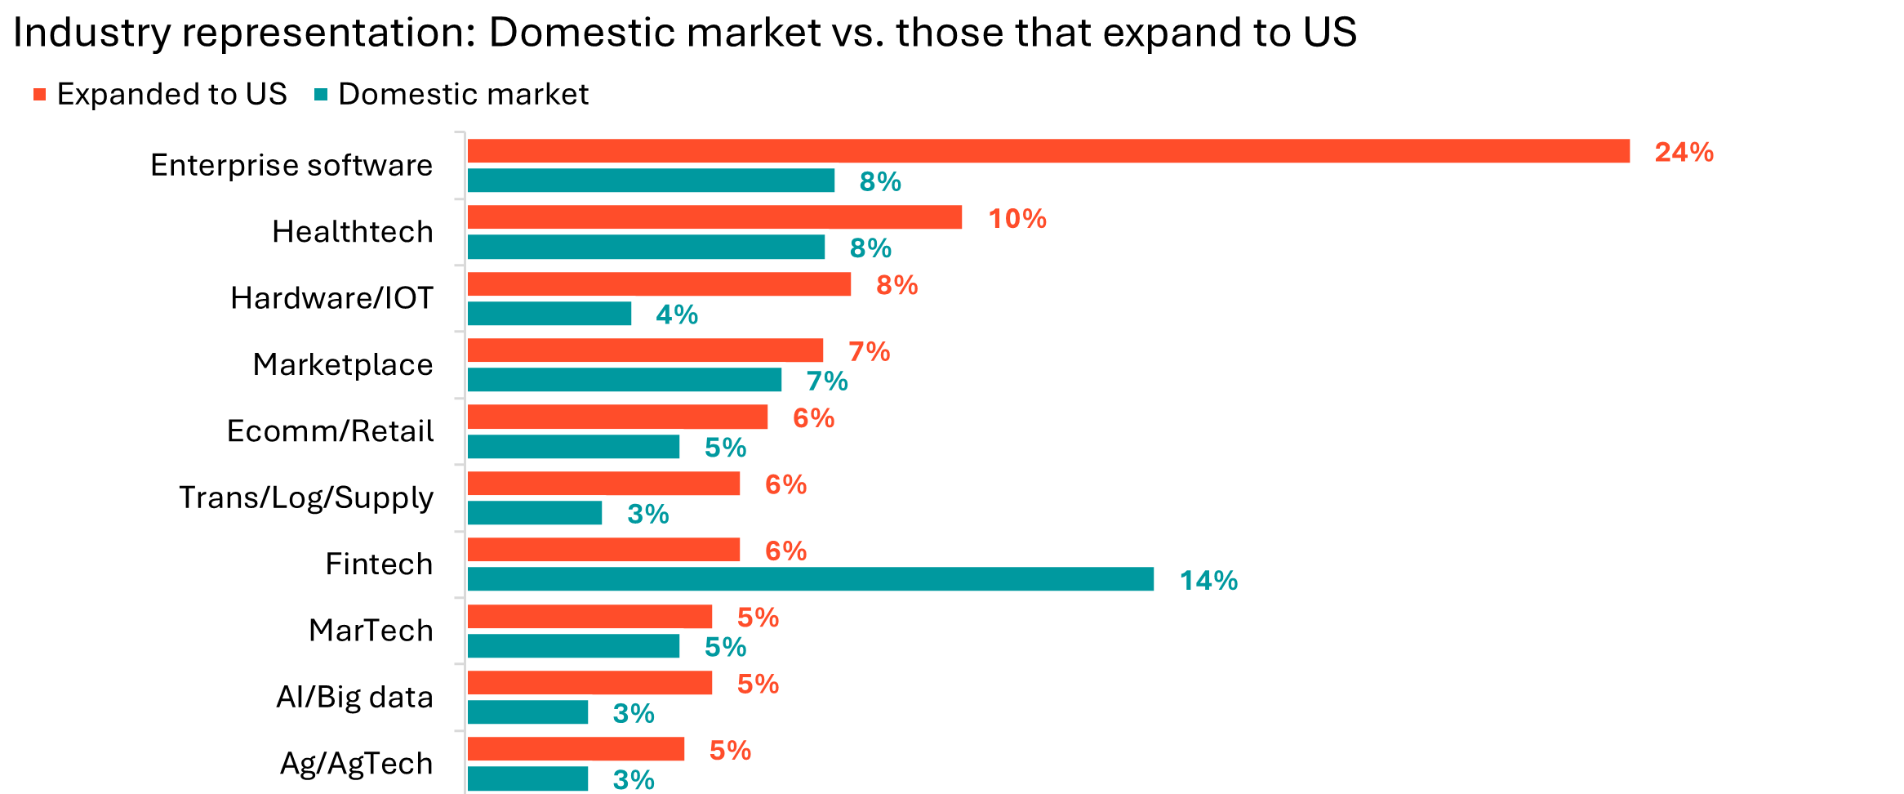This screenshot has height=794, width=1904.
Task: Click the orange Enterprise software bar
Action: coord(1048,151)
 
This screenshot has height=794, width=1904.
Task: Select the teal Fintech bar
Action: coord(810,579)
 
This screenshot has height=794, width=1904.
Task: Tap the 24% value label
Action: coord(1684,153)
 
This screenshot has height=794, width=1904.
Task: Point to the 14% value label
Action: coord(1208,581)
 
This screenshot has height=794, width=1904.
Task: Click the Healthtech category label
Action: coord(353,232)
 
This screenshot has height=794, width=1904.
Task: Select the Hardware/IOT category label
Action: coord(332,298)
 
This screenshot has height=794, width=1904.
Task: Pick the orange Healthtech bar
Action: coord(714,217)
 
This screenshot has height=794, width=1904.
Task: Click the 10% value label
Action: coord(1017,219)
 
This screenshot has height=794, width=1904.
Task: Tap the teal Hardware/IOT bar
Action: coord(549,314)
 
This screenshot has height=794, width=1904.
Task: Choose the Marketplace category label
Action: coord(343,364)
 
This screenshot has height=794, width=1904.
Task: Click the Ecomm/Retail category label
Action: coord(331,431)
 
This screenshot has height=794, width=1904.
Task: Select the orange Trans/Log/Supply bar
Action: coord(603,484)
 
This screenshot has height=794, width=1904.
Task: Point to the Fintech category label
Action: coord(379,564)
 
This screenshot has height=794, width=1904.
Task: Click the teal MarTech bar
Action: coord(573,646)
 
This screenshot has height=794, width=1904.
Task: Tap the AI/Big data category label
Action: coord(354,697)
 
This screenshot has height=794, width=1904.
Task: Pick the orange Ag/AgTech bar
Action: coord(576,749)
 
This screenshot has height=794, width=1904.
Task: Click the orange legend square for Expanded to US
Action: coord(39,95)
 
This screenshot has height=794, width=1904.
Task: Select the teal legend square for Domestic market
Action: coord(321,95)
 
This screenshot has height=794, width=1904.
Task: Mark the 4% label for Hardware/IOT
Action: coord(677,315)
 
